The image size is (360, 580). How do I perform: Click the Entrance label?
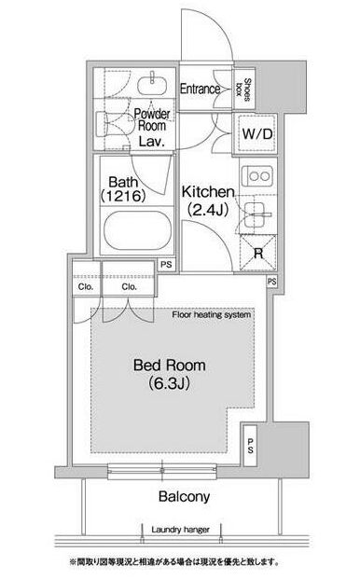pos(200,89)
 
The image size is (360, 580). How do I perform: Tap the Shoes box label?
pos(244,90)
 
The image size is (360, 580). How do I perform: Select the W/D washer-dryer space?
pos(257,133)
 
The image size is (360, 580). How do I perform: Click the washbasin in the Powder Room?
pos(152,85)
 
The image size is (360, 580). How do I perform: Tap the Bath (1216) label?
pos(123,188)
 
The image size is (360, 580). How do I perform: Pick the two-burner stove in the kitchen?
pos(257,176)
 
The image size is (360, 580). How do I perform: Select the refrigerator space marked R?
pos(258,253)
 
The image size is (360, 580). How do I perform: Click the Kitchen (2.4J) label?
pos(208,200)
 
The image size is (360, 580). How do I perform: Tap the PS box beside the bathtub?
pos(167,265)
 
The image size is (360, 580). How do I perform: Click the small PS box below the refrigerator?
pos(271,282)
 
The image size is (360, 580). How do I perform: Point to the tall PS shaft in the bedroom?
pos(251,446)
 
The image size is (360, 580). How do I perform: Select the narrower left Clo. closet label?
pos(86,286)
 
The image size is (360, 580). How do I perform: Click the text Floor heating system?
pos(212,315)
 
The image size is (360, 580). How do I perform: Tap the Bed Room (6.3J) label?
pos(170,374)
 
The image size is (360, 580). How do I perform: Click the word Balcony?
pos(184,496)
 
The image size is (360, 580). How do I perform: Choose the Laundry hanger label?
pos(180,530)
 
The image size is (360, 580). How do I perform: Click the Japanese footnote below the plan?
pos(174,562)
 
